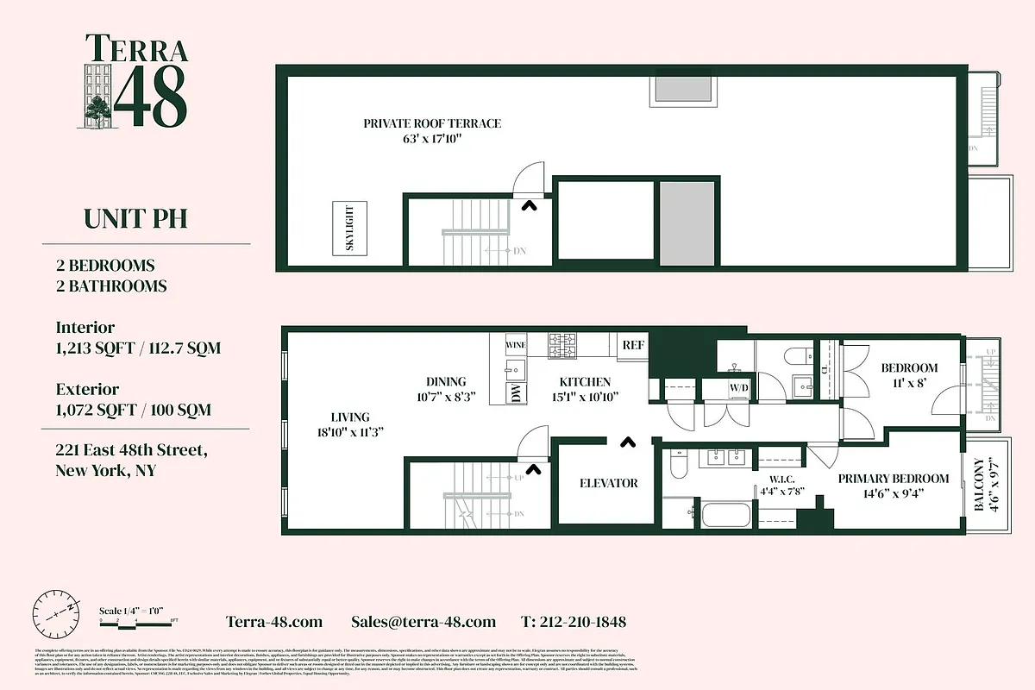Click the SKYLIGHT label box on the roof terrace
point(349,228)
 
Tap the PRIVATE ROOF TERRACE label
point(431,123)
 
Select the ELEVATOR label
point(608,484)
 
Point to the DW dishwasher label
point(515,393)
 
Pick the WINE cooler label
point(516,345)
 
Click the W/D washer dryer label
point(740,389)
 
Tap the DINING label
point(446,382)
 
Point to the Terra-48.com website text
point(274,622)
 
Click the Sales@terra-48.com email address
point(423,622)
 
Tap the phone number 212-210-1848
point(574,622)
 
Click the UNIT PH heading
point(135,219)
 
